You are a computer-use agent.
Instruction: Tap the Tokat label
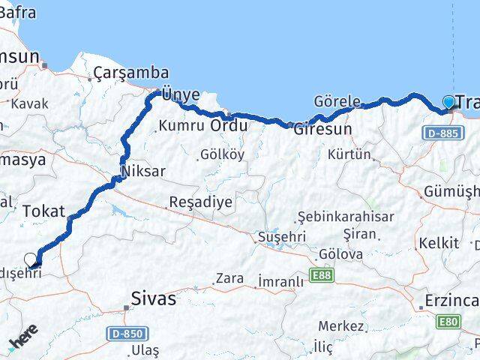pyautogui.click(x=43, y=211)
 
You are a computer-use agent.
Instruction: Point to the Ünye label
pyautogui.click(x=181, y=94)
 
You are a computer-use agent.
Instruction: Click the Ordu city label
pyautogui.click(x=228, y=125)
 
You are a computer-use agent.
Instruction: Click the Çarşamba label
pyautogui.click(x=121, y=73)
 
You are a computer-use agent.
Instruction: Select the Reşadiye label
pyautogui.click(x=201, y=202)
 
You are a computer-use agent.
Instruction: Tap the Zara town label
pyautogui.click(x=229, y=278)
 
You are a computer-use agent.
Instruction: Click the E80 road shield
pyautogui.click(x=448, y=323)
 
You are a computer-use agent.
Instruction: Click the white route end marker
pyautogui.click(x=31, y=259)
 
